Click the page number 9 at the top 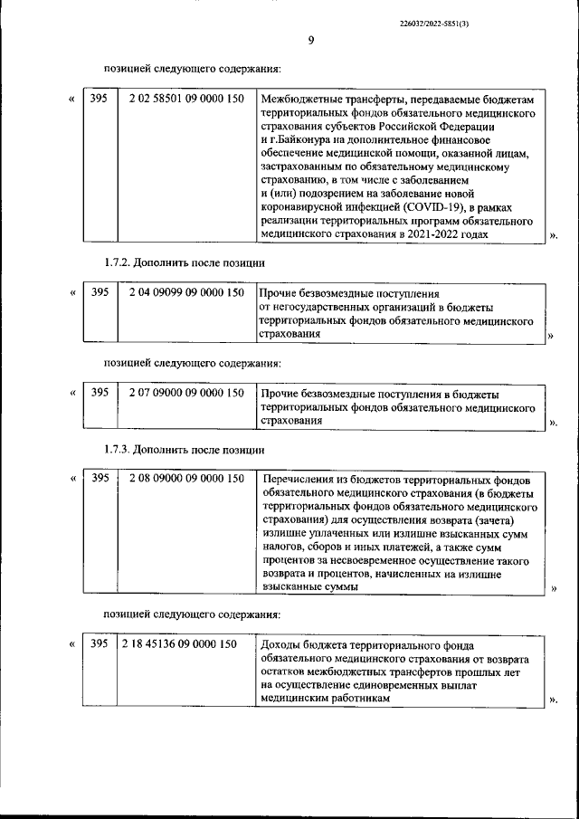310,40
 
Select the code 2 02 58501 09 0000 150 186,99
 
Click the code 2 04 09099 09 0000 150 186,293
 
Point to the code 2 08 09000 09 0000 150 186,478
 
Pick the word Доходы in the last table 279,645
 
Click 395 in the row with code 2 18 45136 100,644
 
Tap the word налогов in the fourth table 282,547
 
